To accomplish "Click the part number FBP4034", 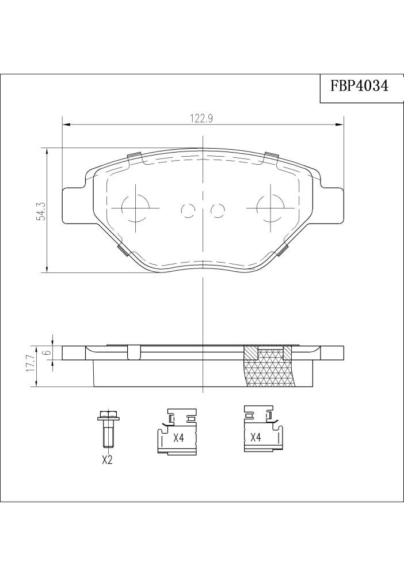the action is click(x=360, y=87).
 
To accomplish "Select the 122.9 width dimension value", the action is click(x=202, y=119).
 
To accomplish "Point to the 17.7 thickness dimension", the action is click(x=31, y=363).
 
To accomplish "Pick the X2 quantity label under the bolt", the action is click(x=106, y=460).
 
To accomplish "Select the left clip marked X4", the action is click(x=177, y=431).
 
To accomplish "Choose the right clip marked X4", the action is click(x=264, y=429).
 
